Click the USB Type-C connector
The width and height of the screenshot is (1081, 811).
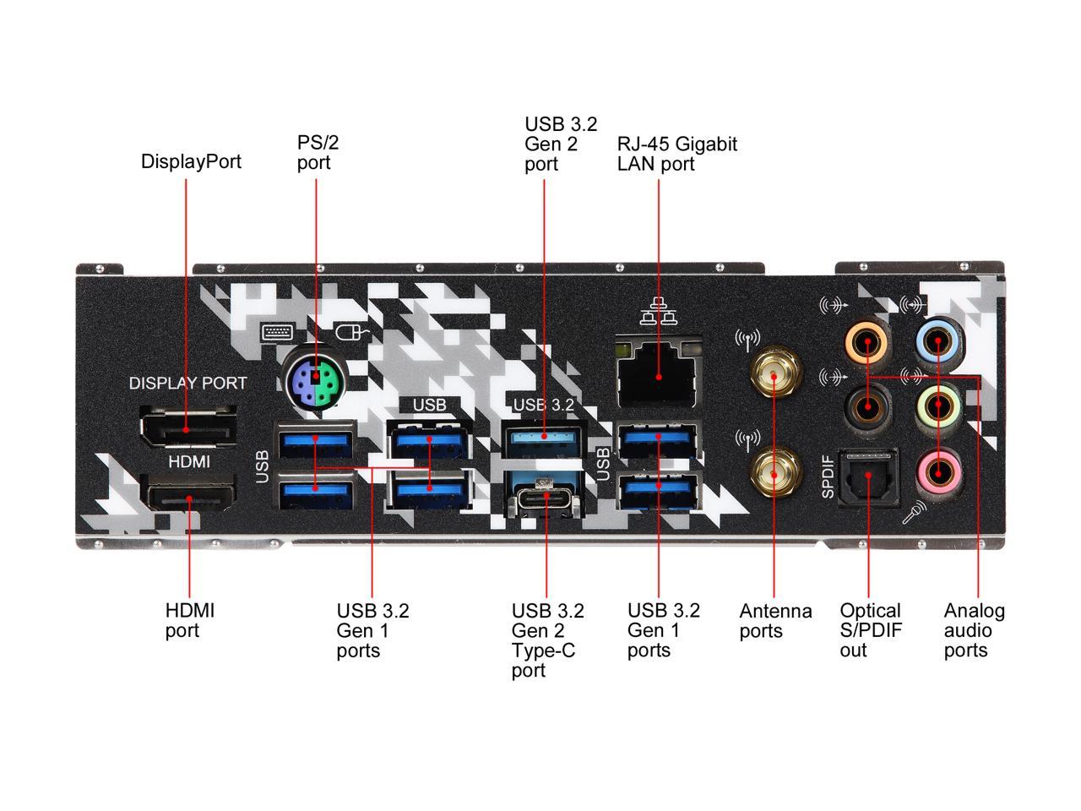click(545, 496)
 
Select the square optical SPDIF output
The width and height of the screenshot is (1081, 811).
click(867, 478)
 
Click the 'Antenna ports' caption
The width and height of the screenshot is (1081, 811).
click(775, 621)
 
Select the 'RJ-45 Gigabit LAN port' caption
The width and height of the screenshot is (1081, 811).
click(676, 154)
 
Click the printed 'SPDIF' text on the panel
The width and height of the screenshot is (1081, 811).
click(828, 477)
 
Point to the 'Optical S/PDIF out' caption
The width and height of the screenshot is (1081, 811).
click(870, 630)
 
